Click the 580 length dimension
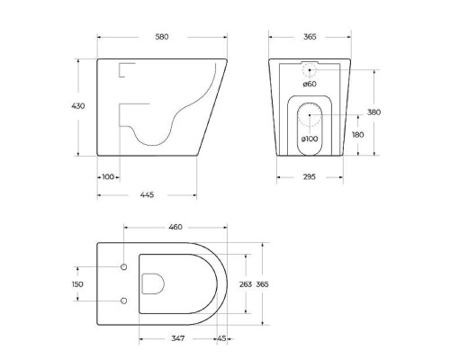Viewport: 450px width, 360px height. click(x=162, y=37)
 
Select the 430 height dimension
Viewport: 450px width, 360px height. click(x=78, y=106)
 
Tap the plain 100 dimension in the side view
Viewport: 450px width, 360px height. click(x=108, y=176)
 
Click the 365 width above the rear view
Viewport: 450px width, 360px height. click(x=309, y=37)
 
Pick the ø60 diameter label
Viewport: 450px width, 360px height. click(x=309, y=84)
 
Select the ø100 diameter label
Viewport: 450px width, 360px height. click(x=309, y=139)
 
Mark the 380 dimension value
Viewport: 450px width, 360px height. click(x=374, y=112)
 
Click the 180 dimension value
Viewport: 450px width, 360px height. click(x=357, y=134)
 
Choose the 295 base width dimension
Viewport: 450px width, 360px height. click(x=309, y=176)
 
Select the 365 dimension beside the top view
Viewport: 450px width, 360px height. click(x=262, y=284)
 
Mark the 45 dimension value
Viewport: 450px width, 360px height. click(x=220, y=338)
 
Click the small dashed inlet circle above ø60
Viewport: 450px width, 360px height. click(x=309, y=68)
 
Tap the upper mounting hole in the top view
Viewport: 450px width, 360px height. click(x=122, y=267)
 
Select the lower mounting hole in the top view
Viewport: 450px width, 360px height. click(x=122, y=301)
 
